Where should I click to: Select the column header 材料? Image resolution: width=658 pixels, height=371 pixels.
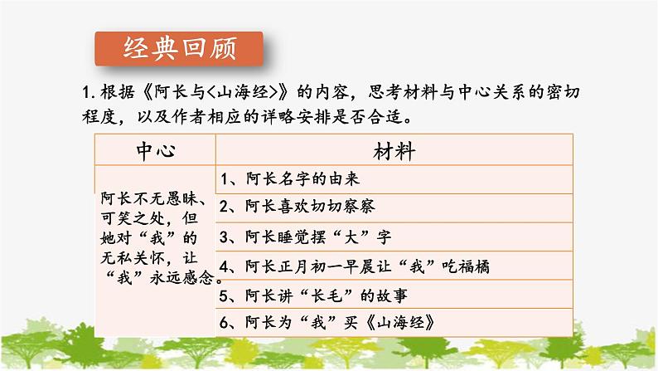click(393, 153)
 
